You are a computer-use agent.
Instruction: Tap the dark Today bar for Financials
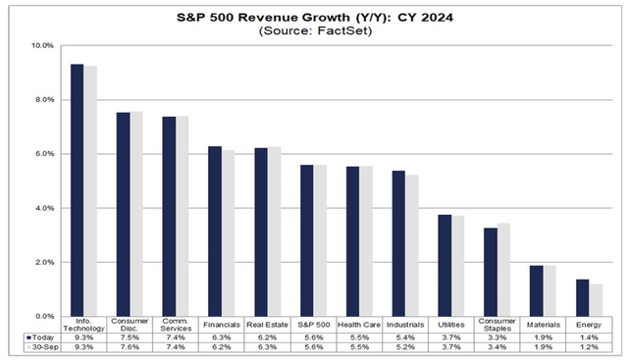point(215,231)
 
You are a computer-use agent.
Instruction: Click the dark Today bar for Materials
point(536,290)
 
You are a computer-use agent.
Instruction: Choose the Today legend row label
point(39,337)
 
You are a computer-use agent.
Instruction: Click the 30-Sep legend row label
point(39,348)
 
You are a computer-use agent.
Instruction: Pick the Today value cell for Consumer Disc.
point(130,337)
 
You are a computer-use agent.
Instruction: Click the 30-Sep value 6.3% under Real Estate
point(268,348)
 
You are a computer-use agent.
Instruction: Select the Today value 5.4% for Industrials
point(405,337)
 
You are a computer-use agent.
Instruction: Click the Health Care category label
point(359,325)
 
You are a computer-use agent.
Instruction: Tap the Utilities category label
point(451,325)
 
